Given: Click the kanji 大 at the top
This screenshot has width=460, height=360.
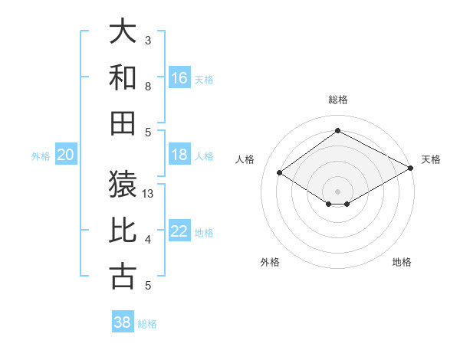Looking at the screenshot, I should pyautogui.click(x=123, y=32).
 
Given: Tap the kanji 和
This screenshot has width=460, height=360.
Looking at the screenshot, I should pyautogui.click(x=123, y=77).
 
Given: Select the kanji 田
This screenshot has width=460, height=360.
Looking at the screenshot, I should pyautogui.click(x=123, y=123).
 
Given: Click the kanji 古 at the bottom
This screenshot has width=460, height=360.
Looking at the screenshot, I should pyautogui.click(x=123, y=277).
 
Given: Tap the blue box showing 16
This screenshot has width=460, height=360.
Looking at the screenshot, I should pyautogui.click(x=179, y=77).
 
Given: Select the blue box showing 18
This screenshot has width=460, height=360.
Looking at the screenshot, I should pyautogui.click(x=179, y=155).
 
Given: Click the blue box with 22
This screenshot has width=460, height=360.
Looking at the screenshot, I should pyautogui.click(x=179, y=231).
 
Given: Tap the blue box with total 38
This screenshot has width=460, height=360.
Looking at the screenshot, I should pyautogui.click(x=122, y=322).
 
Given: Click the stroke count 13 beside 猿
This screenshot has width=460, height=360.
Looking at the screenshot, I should pyautogui.click(x=149, y=194).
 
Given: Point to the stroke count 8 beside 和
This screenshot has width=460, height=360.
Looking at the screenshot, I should pyautogui.click(x=148, y=87).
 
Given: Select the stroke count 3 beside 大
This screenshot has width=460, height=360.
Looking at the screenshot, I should pyautogui.click(x=148, y=40).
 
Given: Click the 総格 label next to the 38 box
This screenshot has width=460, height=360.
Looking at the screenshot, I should pyautogui.click(x=147, y=324).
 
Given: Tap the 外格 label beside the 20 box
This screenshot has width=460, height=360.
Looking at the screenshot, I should pyautogui.click(x=41, y=156).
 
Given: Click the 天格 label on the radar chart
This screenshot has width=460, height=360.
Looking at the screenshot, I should pyautogui.click(x=431, y=159).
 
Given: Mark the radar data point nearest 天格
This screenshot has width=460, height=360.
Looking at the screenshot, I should pyautogui.click(x=411, y=168).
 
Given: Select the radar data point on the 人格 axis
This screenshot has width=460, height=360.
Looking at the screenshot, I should pyautogui.click(x=280, y=173).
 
